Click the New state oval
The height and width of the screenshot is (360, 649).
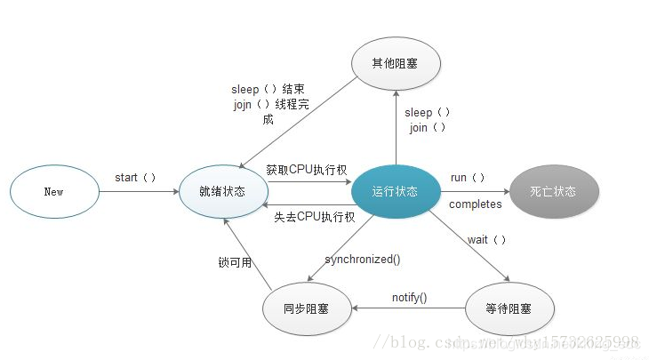click(x=53, y=191)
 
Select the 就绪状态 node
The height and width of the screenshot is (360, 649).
click(x=222, y=191)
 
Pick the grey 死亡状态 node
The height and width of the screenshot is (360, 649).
click(x=554, y=191)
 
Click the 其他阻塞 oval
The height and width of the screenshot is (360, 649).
click(x=396, y=62)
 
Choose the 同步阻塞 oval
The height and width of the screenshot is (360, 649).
click(x=307, y=308)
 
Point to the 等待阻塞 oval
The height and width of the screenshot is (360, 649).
click(x=510, y=308)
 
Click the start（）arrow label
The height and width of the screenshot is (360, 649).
click(x=135, y=177)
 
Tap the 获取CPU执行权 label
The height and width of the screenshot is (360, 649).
click(x=307, y=170)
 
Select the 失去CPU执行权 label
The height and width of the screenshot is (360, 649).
click(x=314, y=216)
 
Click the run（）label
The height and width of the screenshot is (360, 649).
click(x=468, y=178)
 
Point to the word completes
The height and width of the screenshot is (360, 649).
click(x=475, y=204)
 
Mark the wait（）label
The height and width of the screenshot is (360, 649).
click(x=486, y=240)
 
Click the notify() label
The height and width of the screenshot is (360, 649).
click(x=409, y=297)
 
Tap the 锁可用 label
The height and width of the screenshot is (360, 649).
click(x=234, y=263)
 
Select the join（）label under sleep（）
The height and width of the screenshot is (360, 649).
click(x=428, y=128)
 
